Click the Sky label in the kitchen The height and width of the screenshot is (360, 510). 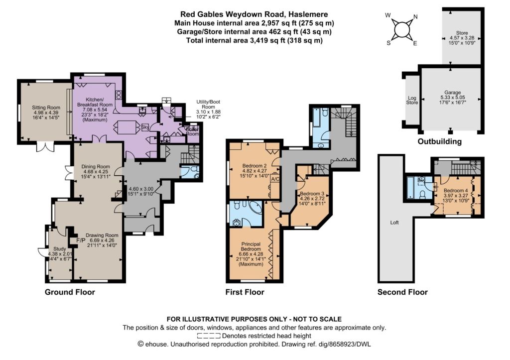pyautogui.click(x=145, y=128)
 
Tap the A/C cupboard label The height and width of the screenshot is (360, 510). pyautogui.click(x=275, y=179)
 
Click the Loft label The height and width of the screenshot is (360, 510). pyautogui.click(x=394, y=223)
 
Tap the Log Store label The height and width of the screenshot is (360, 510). pyautogui.click(x=412, y=100)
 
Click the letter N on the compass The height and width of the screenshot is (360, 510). pyautogui.click(x=415, y=17)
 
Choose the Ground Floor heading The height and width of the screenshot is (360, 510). pyautogui.click(x=70, y=292)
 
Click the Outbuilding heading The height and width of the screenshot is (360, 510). pyautogui.click(x=439, y=141)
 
